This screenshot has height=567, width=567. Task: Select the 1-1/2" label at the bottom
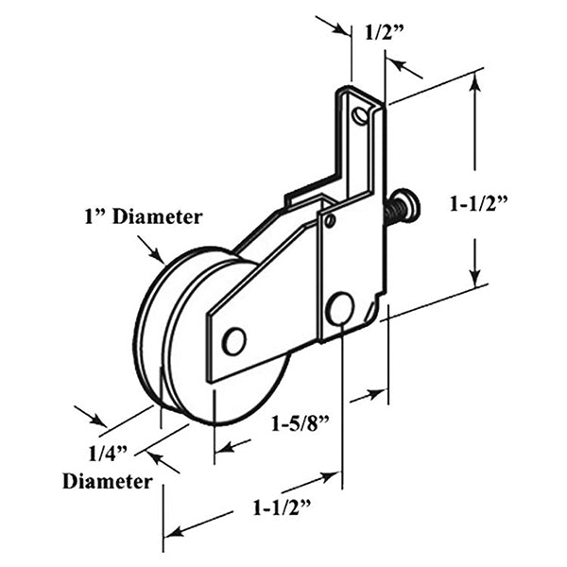(x=283, y=507)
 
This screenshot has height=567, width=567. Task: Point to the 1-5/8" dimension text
(x=302, y=422)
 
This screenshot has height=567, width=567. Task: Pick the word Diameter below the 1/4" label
(x=107, y=481)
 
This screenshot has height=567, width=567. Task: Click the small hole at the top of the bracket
(x=360, y=115)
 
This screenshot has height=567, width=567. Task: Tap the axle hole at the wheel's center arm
(x=233, y=340)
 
